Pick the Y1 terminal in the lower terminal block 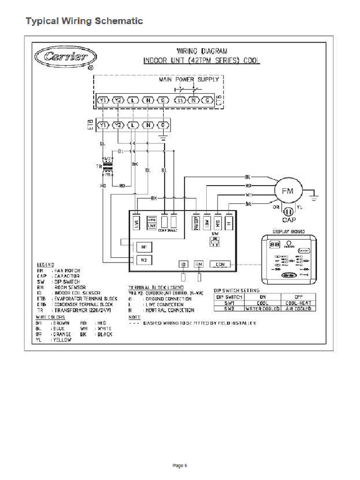pyautogui.click(x=103, y=125)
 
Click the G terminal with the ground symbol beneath pyautogui.click(x=163, y=125)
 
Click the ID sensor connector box pyautogui.click(x=183, y=264)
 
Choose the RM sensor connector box pyautogui.click(x=199, y=264)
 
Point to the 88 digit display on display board pyautogui.click(x=274, y=245)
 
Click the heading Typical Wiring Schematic pyautogui.click(x=84, y=21)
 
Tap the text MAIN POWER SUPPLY pyautogui.click(x=192, y=80)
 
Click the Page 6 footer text pyautogui.click(x=180, y=465)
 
